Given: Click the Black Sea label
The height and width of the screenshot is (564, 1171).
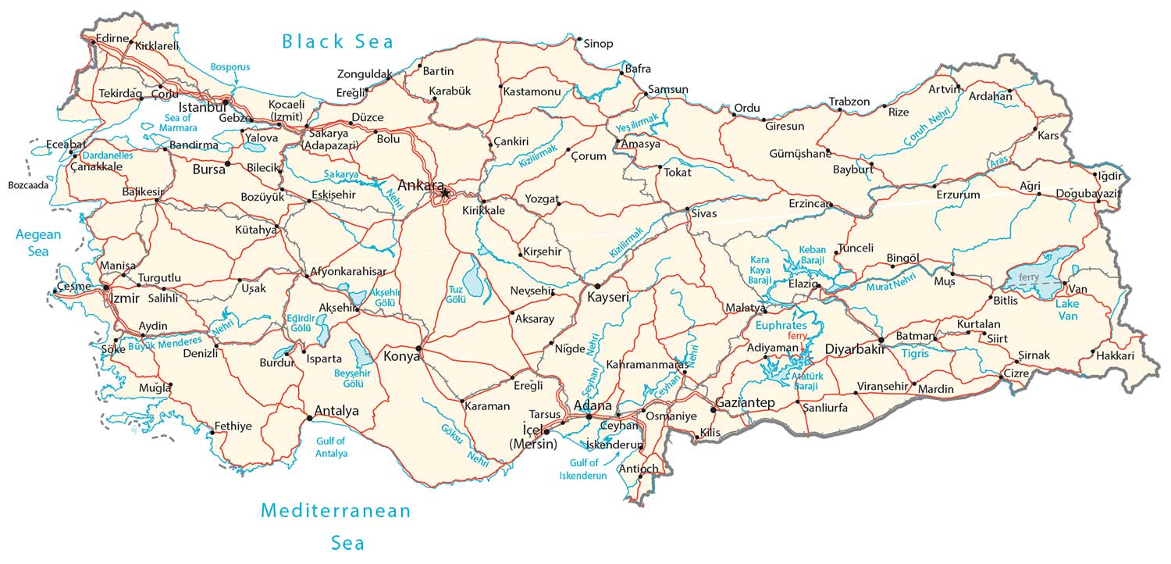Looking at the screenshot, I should [338, 41].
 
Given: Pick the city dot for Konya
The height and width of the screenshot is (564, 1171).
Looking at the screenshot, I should [419, 348].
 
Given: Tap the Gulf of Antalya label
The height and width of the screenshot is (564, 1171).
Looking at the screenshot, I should [331, 448].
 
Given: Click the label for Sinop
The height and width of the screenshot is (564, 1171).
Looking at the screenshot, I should [599, 44].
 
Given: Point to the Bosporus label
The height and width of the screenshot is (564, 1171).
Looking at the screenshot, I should [230, 67].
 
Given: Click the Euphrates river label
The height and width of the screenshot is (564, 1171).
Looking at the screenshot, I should [780, 324].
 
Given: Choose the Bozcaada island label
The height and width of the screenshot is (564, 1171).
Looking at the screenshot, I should [28, 185].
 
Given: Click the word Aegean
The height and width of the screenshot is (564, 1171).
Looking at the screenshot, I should [38, 234].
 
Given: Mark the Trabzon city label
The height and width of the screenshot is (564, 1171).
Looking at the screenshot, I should [849, 102].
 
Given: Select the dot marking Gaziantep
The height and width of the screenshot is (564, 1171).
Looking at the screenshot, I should [713, 409].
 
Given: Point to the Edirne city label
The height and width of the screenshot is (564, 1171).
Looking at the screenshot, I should [112, 37].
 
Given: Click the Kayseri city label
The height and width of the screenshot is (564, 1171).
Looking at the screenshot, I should [608, 298].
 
